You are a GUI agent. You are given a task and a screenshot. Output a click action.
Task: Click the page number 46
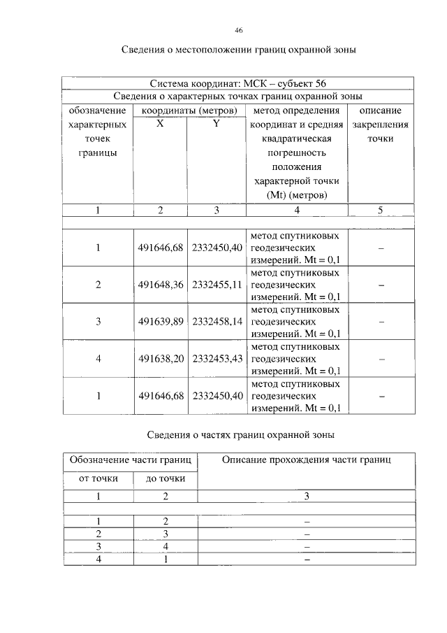tap(239, 31)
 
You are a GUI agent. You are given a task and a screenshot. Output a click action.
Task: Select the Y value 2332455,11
tap(217, 285)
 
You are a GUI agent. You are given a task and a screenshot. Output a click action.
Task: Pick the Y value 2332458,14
tap(217, 322)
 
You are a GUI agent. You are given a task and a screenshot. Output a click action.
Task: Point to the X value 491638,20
tap(161, 359)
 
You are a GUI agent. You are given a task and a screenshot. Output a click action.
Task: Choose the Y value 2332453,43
tap(217, 359)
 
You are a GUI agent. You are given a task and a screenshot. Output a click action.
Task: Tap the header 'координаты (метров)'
tap(189, 111)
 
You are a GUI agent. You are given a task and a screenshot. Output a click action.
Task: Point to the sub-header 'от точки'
tap(98, 478)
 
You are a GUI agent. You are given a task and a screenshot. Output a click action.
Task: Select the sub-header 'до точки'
tap(166, 478)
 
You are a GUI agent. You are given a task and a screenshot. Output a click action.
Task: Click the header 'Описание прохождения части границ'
tap(307, 460)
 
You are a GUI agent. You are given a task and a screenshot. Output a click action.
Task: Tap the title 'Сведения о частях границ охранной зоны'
tap(241, 435)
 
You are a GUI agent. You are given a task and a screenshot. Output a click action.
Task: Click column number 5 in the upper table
tap(380, 210)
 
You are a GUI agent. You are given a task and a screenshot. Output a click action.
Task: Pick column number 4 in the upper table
tap(297, 210)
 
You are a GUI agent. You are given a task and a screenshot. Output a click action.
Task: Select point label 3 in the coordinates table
tap(98, 322)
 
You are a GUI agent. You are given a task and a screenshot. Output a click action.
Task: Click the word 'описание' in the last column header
tap(380, 111)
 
